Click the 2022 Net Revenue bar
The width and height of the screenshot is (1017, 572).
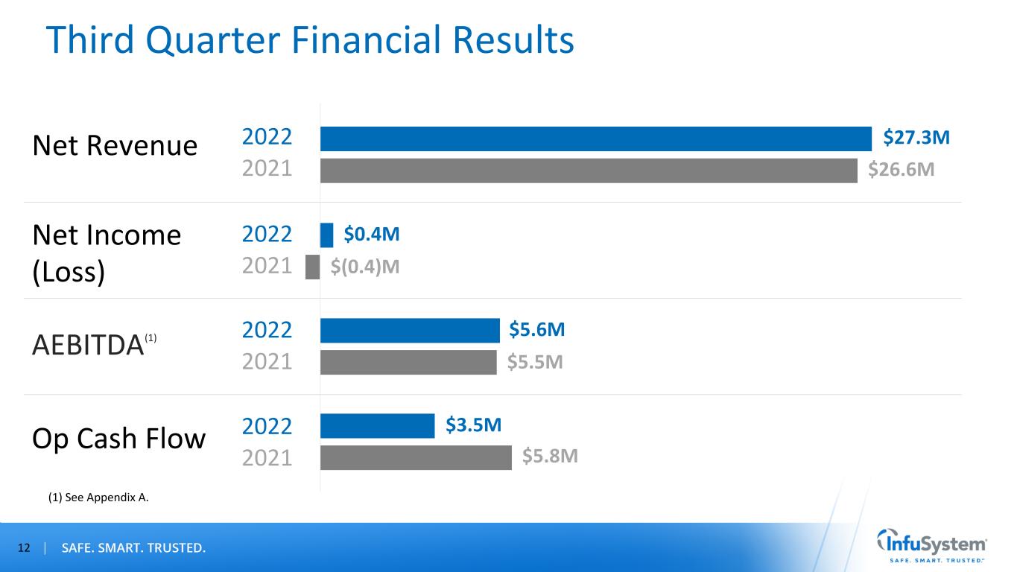pyautogui.click(x=595, y=139)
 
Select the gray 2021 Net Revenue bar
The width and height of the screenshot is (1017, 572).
pyautogui.click(x=589, y=171)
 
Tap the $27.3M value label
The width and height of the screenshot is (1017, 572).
pyautogui.click(x=916, y=138)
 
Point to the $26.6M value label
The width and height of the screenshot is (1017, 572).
pyautogui.click(x=902, y=171)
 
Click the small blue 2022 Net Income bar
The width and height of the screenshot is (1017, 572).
pyautogui.click(x=327, y=235)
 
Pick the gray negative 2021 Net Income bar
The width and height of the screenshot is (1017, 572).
pyautogui.click(x=313, y=267)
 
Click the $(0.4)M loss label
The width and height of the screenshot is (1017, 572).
pyautogui.click(x=365, y=267)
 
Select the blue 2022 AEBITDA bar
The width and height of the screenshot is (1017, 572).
pyautogui.click(x=410, y=331)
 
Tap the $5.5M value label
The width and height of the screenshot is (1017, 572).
pyautogui.click(x=534, y=363)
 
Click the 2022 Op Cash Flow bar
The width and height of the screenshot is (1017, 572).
pyautogui.click(x=377, y=426)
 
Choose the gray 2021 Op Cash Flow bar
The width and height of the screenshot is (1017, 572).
pyautogui.click(x=416, y=457)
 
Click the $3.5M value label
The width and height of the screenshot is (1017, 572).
pyautogui.click(x=473, y=425)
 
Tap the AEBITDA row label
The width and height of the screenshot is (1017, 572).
pyautogui.click(x=88, y=345)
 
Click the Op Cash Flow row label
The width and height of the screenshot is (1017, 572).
pyautogui.click(x=118, y=439)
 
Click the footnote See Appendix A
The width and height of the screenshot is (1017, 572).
pyautogui.click(x=98, y=498)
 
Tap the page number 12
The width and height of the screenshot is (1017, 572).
pyautogui.click(x=24, y=549)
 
